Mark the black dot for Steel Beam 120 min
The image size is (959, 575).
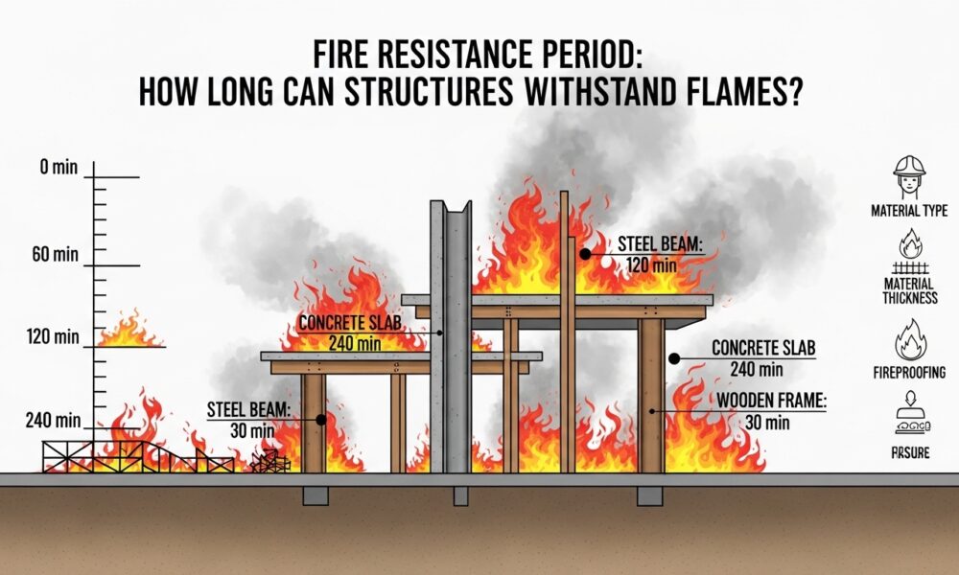(584, 254)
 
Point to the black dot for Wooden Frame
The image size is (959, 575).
(653, 410)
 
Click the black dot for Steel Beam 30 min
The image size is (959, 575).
(320, 419)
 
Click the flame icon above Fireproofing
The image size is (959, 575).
(910, 340)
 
